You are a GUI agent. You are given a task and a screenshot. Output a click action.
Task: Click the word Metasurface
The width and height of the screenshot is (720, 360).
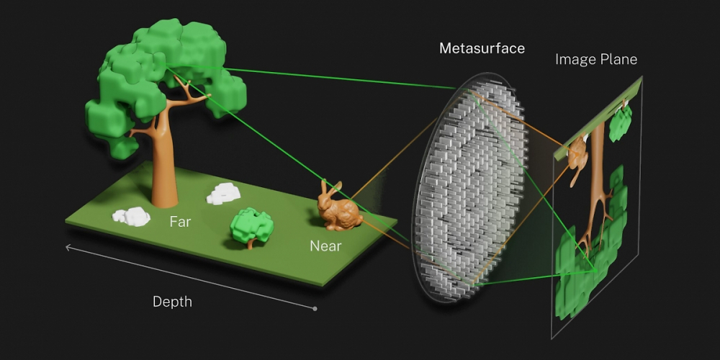pos(482,48)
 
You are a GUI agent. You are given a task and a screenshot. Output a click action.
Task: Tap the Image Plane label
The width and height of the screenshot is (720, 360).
pos(596,59)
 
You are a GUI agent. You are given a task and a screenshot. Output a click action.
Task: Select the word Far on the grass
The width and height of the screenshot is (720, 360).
pos(180,222)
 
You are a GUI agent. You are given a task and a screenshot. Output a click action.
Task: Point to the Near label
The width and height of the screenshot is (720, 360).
pos(325,246)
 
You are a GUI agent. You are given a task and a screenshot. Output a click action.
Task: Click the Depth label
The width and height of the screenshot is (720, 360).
pos(172,302)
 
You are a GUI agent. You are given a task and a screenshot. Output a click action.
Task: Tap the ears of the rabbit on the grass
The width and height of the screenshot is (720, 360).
pos(330,188)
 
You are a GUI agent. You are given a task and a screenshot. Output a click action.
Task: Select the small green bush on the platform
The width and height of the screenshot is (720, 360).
pos(251,228)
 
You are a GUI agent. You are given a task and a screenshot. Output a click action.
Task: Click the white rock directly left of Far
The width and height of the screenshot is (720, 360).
pos(132,216)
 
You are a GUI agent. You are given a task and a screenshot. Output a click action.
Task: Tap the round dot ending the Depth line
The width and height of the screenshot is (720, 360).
pos(315,309)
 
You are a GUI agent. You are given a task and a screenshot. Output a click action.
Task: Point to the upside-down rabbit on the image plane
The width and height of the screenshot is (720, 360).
pos(577,161)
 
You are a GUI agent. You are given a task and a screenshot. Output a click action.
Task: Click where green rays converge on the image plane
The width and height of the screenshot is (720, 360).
pos(595,271)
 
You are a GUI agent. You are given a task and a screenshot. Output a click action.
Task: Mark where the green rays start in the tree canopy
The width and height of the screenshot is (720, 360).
pos(166,67)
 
